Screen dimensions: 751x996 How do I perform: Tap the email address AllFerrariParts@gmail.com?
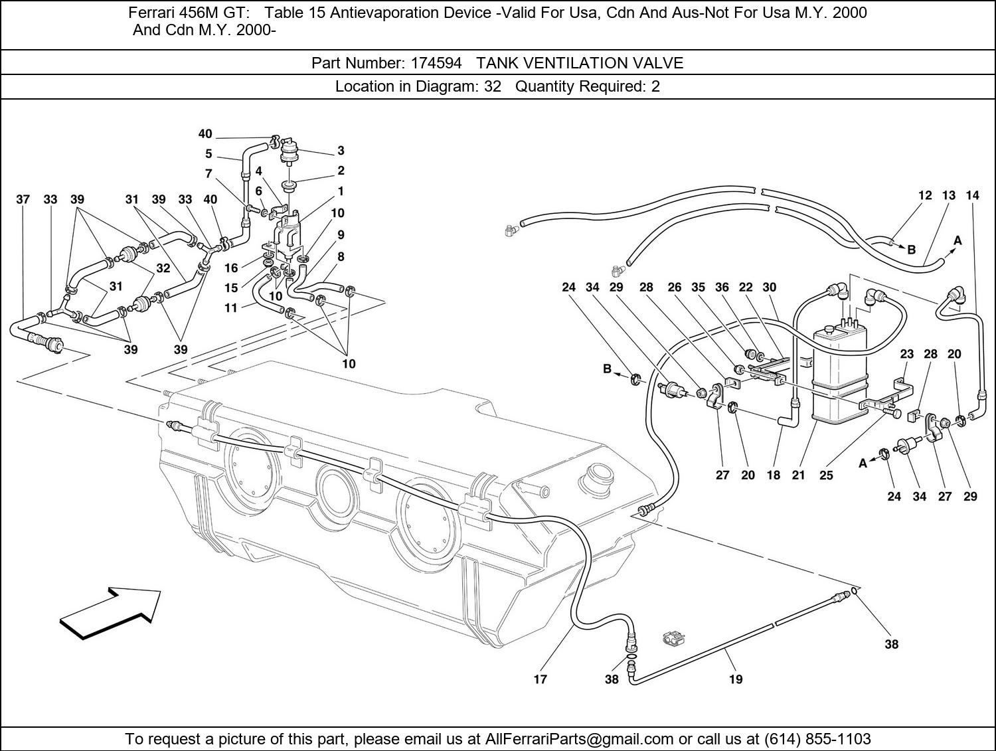tap(580, 738)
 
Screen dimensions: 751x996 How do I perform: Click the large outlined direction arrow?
tap(111, 613)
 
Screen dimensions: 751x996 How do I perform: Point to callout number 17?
tap(540, 679)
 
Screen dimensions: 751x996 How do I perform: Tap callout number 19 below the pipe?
tap(735, 679)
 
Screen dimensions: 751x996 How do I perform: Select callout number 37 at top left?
tap(23, 199)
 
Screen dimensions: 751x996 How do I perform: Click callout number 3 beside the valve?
tap(341, 151)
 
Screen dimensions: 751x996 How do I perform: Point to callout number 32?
tap(163, 268)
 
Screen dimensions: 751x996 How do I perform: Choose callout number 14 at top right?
tap(972, 195)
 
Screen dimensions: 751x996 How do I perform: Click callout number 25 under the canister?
tap(826, 475)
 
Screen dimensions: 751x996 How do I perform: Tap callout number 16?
tap(231, 268)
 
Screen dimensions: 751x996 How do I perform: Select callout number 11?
tap(231, 308)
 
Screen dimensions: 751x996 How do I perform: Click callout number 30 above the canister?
tap(769, 287)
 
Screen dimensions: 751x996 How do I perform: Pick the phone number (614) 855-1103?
tap(817, 738)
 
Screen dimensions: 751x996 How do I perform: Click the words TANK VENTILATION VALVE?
tap(580, 63)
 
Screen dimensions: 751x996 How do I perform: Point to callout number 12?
tap(925, 195)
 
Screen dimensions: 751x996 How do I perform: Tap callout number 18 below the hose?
tap(774, 475)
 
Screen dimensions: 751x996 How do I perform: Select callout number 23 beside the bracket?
tap(907, 354)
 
